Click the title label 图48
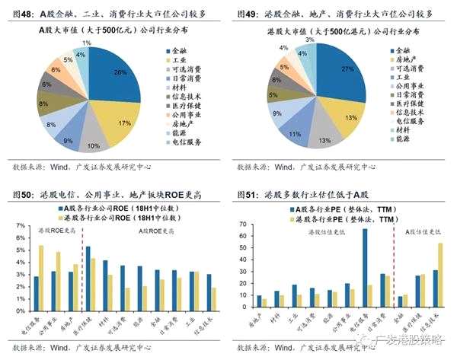point(21,14)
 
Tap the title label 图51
point(248,194)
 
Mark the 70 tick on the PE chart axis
point(243,225)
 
